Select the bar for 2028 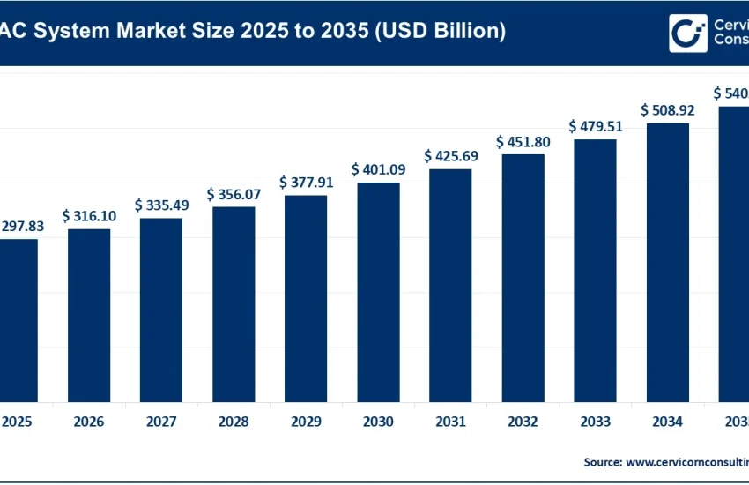click(234, 304)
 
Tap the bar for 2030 click(378, 292)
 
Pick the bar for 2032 click(523, 278)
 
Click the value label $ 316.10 click(89, 216)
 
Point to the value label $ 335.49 click(161, 205)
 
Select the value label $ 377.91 click(306, 183)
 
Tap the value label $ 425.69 click(450, 156)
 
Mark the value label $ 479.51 click(596, 126)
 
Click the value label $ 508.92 click(668, 110)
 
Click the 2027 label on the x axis click(161, 422)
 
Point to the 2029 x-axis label click(306, 422)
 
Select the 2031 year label click(450, 422)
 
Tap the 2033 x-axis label click(596, 422)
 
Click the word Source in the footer click(602, 462)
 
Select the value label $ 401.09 click(378, 169)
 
